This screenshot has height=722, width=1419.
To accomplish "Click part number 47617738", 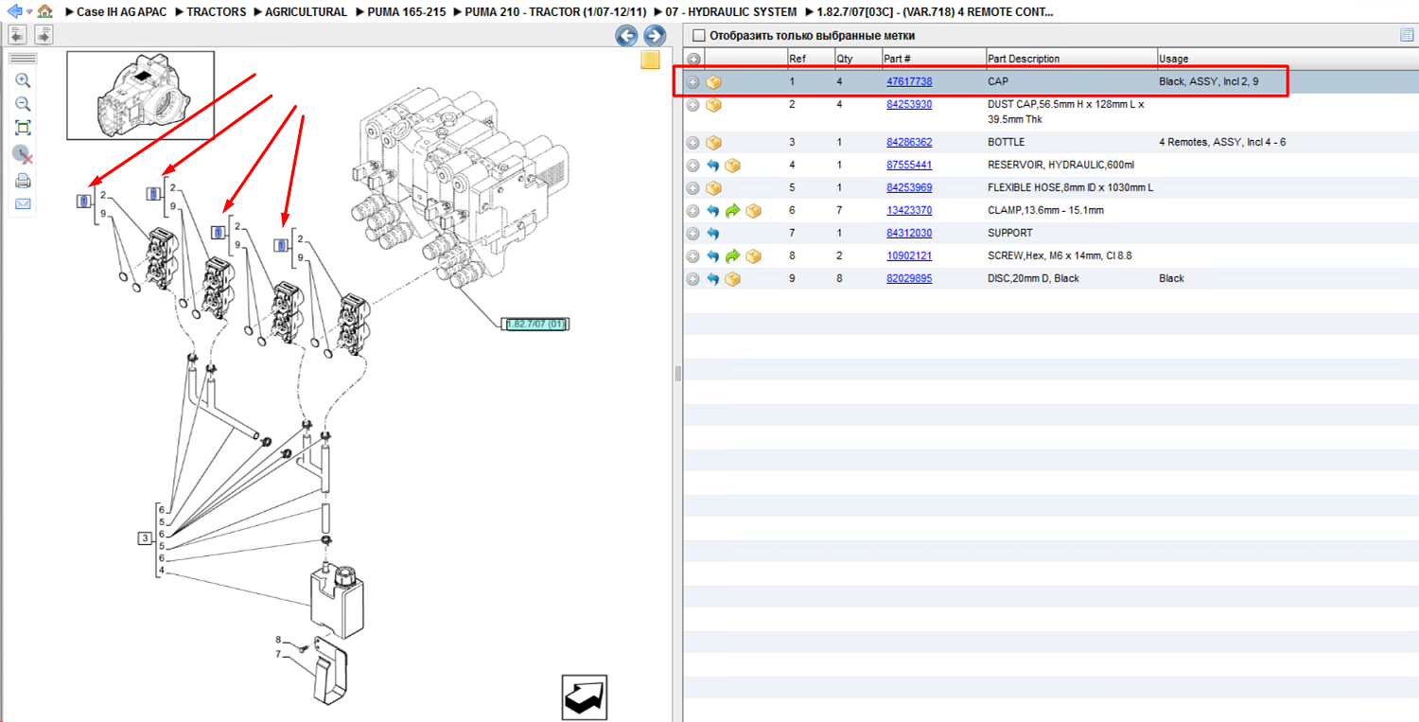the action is click(909, 81).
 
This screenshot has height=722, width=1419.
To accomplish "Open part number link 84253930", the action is click(909, 105).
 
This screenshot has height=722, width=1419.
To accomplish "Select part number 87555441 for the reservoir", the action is click(909, 165).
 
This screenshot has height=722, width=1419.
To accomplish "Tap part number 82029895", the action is click(909, 278).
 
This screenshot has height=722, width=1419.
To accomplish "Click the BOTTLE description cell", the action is click(1006, 142).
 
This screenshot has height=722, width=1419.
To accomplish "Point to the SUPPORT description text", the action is click(1009, 234).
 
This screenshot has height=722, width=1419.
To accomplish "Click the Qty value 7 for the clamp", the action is click(839, 210).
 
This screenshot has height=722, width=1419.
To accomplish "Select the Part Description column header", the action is click(1023, 59).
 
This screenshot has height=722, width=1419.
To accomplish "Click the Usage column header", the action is click(1173, 59).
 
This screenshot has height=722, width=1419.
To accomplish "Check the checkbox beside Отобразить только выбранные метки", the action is click(698, 36).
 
